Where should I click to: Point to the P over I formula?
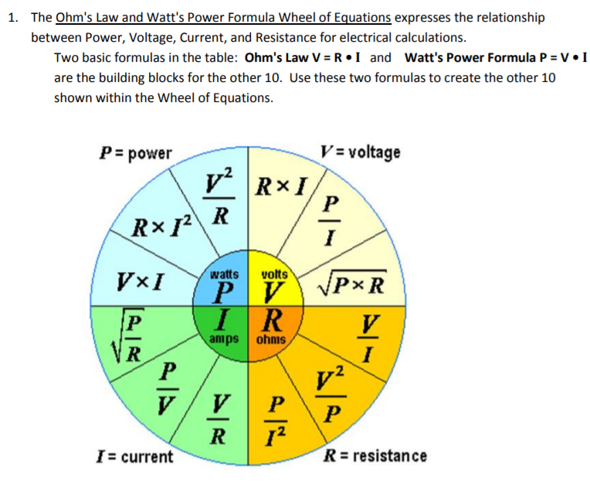(x=331, y=219)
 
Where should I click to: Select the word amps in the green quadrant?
(x=223, y=339)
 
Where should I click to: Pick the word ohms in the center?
(x=273, y=339)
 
